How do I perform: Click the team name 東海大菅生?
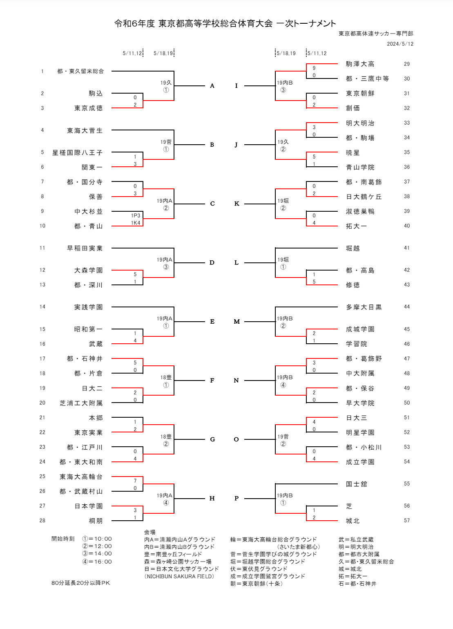point(85,130)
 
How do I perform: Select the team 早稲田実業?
point(85,248)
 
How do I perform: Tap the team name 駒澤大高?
point(360,64)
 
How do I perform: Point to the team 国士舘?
point(356,484)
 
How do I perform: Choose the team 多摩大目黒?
point(364,307)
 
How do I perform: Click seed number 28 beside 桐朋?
point(42,520)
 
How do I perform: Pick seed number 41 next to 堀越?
point(406,248)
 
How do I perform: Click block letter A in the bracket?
point(212,86)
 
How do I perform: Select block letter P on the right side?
point(237,498)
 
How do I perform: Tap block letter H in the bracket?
point(212,498)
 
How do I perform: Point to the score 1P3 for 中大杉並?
point(136,215)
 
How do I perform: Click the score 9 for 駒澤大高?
point(314,68)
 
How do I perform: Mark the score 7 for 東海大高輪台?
point(135,481)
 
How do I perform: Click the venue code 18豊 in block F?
point(166,378)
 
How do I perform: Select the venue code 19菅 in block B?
point(166,142)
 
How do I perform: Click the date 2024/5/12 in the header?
point(400,44)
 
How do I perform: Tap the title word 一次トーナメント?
point(306,24)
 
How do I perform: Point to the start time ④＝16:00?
point(97,562)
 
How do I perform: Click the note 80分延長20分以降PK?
point(80,583)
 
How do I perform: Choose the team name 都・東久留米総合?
point(80,71)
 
